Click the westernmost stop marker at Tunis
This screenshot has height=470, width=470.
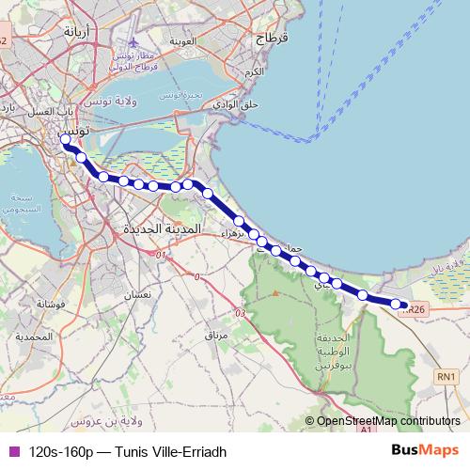click(66, 140)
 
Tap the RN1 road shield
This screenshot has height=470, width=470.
click(446, 377)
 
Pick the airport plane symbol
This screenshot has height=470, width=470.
click(135, 42)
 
